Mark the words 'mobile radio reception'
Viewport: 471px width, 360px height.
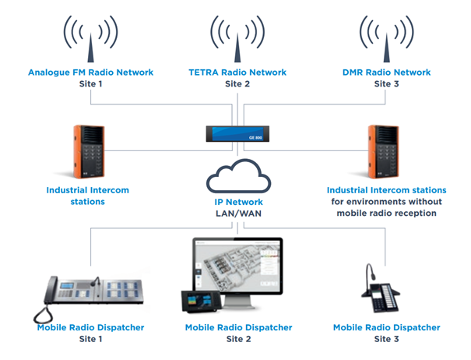point(387,213)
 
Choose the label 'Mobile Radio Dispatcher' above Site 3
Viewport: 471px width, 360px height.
point(387,327)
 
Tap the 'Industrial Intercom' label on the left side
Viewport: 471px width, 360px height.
point(86,190)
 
